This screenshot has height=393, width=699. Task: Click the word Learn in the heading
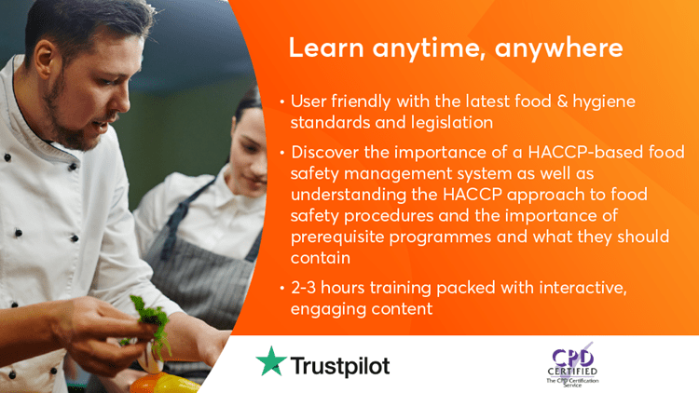point(326,47)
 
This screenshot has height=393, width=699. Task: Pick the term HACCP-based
point(585,153)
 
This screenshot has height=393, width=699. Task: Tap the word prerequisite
point(337,237)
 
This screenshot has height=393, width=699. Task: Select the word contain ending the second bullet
point(321,258)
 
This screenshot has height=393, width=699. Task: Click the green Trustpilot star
point(271,361)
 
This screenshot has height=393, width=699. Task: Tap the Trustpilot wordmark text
point(340,366)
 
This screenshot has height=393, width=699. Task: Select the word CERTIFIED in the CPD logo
point(572,372)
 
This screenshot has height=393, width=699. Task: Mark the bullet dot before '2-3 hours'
point(282,288)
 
